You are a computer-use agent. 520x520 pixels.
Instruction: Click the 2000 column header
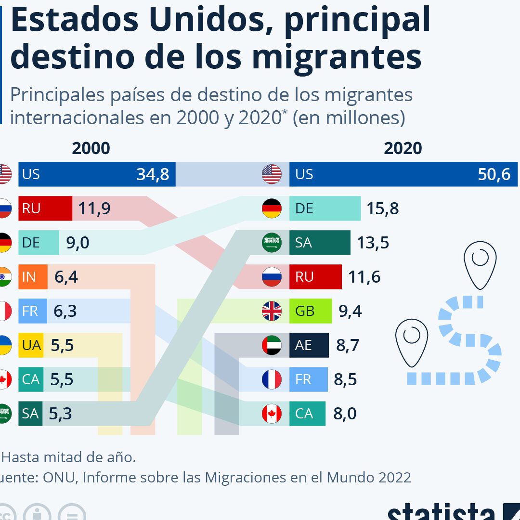pos(91,148)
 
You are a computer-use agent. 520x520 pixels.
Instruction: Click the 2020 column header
pos(403,148)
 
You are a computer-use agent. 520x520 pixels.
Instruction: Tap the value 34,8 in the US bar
pos(153,174)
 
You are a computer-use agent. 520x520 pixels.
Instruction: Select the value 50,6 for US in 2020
pos(494,174)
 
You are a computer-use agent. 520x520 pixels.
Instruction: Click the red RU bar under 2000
pos(45,208)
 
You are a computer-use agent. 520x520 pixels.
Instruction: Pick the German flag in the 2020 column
pos(272,208)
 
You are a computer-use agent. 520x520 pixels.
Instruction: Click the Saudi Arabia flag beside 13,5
pos(272,243)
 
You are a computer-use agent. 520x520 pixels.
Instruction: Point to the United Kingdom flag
pos(272,311)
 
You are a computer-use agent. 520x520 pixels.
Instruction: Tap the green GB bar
pos(310,311)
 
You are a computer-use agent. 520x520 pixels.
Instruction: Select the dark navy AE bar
pos(309,345)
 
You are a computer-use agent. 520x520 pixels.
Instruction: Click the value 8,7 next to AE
pos(348,345)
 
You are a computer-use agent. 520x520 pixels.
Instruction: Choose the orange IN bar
pos(33,277)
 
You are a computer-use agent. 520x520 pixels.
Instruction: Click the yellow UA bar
pos(31,345)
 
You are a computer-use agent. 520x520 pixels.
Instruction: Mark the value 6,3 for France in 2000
pos(65,311)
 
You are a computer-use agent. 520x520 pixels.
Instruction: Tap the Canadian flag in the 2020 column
pos(272,414)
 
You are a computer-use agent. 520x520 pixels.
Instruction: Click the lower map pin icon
pos(412,340)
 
